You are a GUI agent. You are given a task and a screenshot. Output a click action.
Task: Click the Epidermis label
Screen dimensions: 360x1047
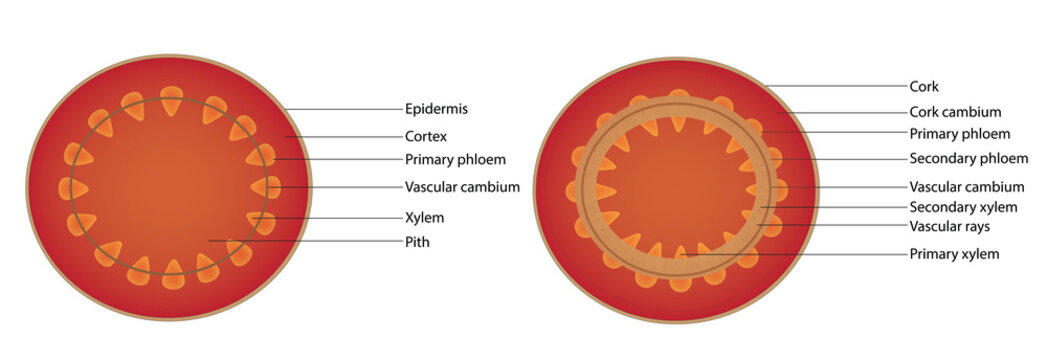click(x=436, y=109)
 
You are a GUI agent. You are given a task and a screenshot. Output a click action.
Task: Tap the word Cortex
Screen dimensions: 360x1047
click(x=425, y=135)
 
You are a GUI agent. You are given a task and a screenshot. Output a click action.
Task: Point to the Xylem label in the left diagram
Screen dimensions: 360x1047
click(x=424, y=217)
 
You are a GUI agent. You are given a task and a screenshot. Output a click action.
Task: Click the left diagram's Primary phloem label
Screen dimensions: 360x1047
click(x=455, y=160)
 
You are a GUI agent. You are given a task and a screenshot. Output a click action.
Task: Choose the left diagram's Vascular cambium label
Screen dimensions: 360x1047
click(x=462, y=187)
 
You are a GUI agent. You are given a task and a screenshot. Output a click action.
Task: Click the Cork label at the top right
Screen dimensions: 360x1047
click(x=924, y=87)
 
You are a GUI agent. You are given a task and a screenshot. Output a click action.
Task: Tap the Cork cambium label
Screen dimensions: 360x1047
click(x=955, y=112)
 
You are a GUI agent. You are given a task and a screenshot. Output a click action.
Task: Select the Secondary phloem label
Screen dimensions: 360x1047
click(x=968, y=159)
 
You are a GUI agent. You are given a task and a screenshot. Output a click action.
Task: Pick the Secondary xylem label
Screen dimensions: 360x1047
click(x=963, y=207)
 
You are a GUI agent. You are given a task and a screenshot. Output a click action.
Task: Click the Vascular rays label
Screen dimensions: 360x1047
click(x=955, y=226)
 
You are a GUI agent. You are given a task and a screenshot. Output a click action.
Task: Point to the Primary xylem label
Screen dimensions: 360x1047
click(x=954, y=254)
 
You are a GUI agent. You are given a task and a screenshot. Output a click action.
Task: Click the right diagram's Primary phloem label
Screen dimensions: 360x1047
click(x=959, y=134)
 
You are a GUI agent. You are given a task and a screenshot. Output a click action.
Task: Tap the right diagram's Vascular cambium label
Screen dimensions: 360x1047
click(x=966, y=187)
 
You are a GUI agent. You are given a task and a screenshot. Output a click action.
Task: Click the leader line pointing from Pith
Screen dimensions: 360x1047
click(x=300, y=241)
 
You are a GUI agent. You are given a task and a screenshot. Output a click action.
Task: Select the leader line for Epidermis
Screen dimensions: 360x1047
click(x=340, y=109)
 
